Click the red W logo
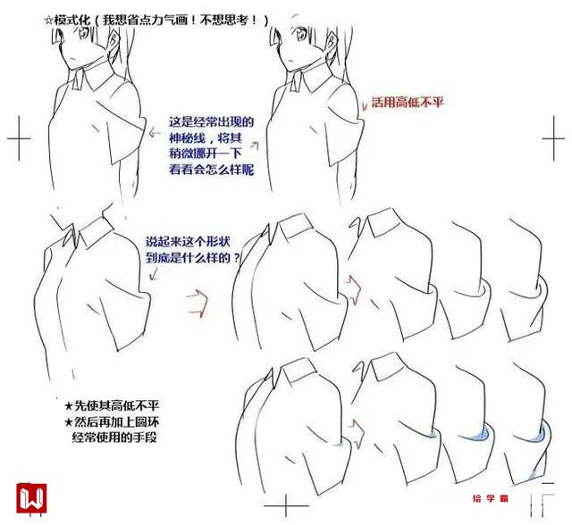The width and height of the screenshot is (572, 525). pos(31,497)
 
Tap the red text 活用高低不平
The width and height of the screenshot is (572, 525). pos(408,102)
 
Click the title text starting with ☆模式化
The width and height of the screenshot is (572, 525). pos(156,20)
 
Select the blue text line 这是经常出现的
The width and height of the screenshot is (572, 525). pos(211,121)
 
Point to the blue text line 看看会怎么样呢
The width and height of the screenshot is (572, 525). pos(211,170)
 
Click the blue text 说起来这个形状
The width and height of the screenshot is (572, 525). pos(189,242)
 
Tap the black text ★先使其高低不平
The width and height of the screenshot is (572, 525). pos(112,405)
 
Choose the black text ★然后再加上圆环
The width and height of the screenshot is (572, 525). pos(112,422)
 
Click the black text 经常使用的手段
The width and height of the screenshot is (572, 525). pos(114,437)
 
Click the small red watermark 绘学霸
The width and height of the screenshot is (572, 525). pos(491,498)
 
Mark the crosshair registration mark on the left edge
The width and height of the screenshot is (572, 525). pos(19,138)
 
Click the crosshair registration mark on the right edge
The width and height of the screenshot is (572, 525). pos(554,138)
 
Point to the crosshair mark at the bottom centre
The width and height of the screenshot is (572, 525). pos(286,505)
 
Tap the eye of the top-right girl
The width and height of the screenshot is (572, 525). pos(302,35)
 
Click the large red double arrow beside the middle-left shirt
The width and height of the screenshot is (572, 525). pos(198,303)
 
